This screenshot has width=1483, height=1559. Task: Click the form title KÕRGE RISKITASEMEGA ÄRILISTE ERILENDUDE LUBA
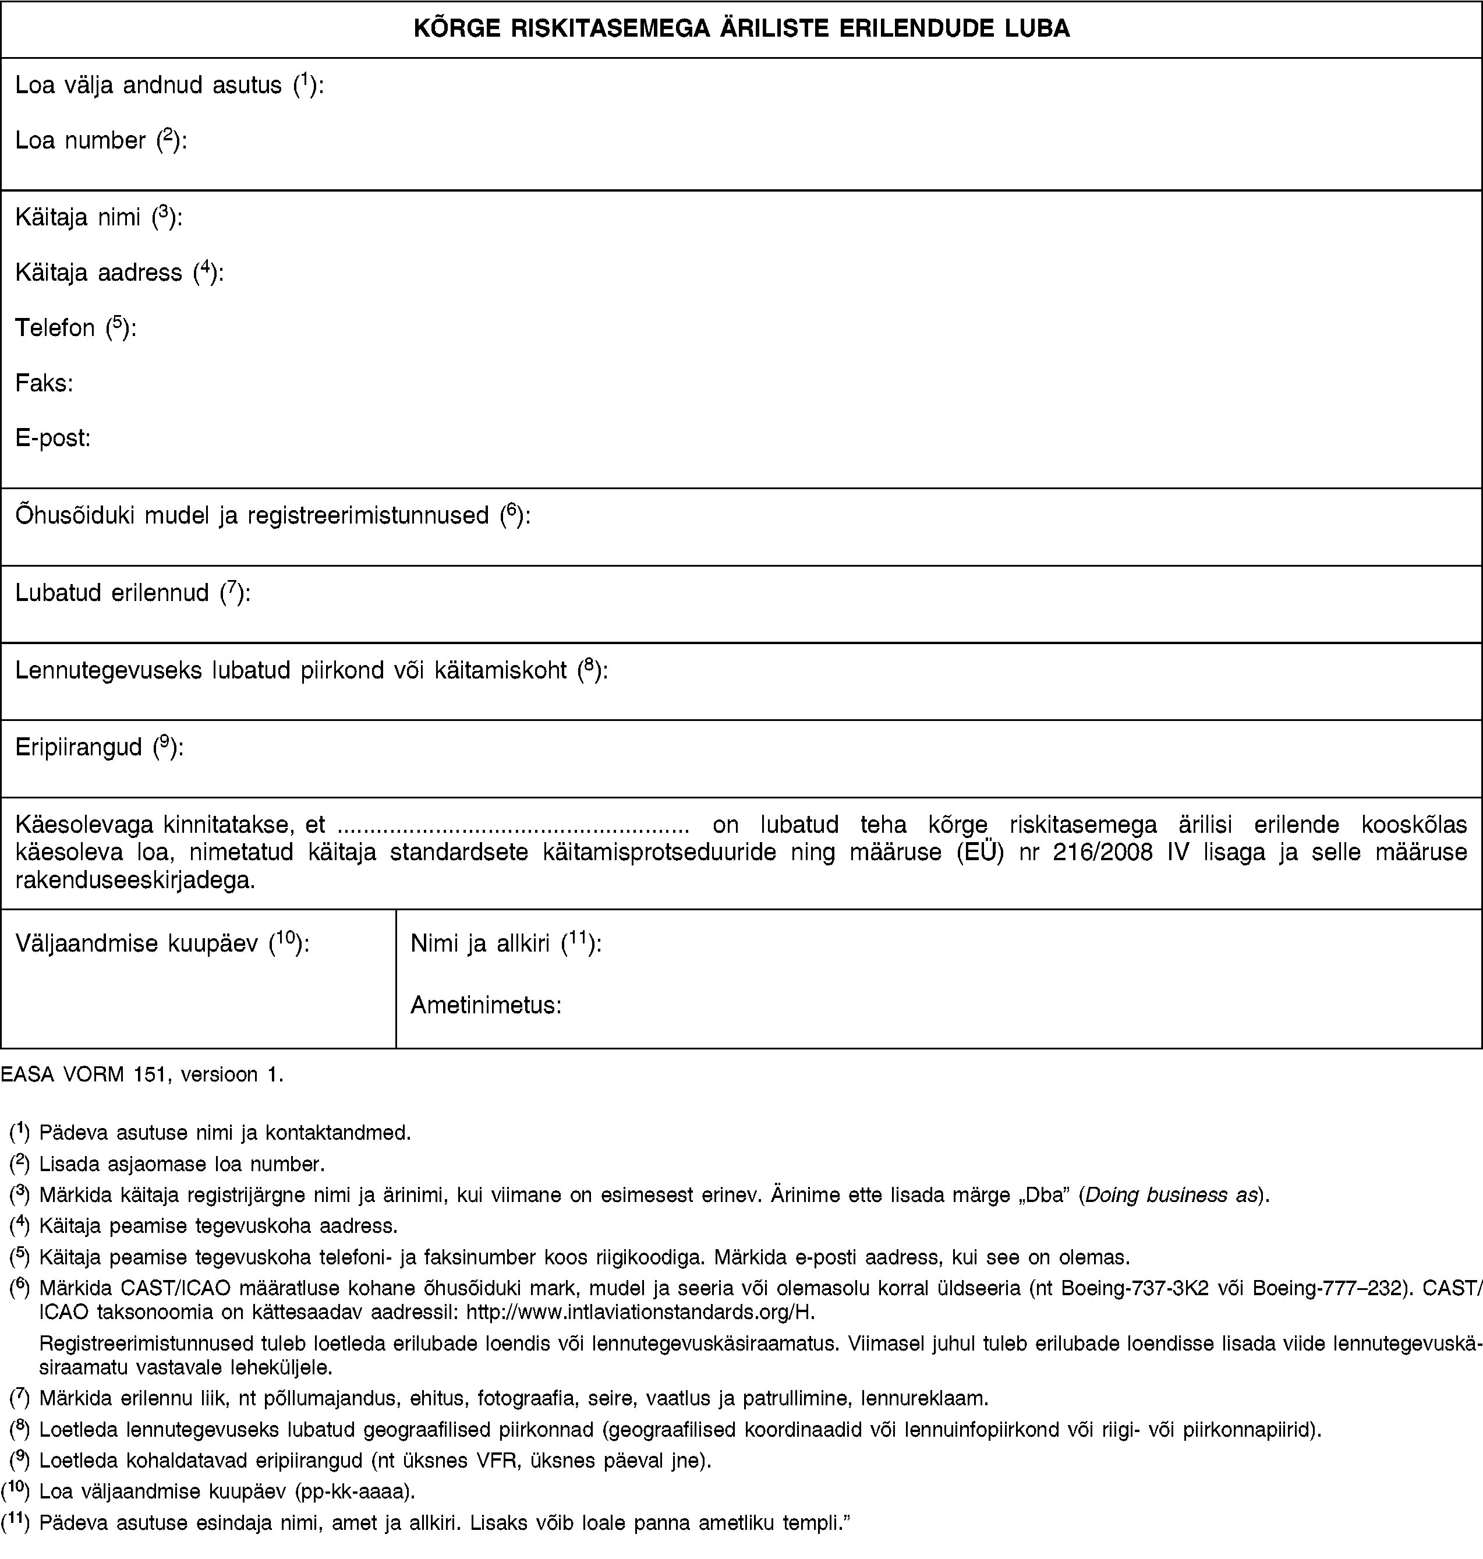[x=742, y=29]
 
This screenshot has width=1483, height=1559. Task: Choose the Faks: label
[x=44, y=383]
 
